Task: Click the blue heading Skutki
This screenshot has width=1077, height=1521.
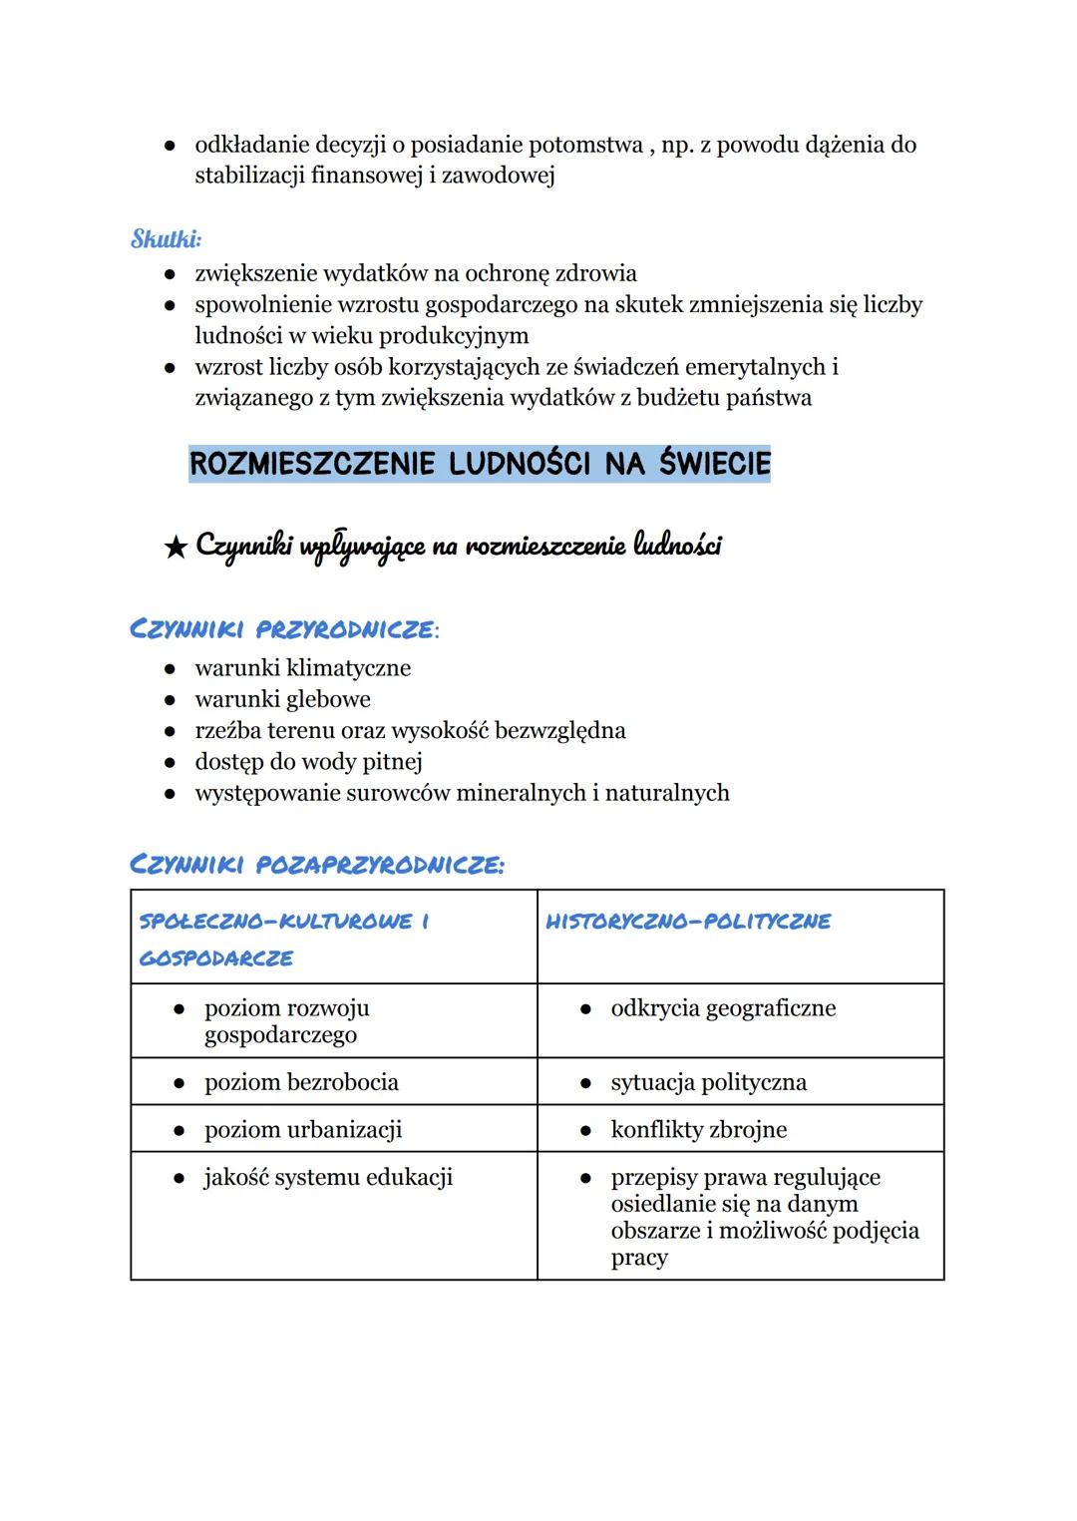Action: click(166, 239)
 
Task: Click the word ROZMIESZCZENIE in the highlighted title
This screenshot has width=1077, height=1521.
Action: click(312, 464)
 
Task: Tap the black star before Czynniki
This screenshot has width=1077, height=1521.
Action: click(176, 547)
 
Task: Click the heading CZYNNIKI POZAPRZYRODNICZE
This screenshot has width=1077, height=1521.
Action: click(316, 865)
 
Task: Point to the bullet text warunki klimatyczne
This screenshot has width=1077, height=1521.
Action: click(302, 668)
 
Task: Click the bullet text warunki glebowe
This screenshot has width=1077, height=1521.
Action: click(282, 699)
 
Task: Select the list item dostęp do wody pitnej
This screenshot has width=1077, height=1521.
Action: click(308, 762)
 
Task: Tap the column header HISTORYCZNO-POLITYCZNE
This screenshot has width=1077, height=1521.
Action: click(687, 922)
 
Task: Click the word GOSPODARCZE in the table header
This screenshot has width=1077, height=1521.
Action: click(216, 958)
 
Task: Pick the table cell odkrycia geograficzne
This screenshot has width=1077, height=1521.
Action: click(723, 1008)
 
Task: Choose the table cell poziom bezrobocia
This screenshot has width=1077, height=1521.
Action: click(301, 1082)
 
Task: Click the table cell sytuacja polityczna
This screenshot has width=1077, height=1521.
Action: click(708, 1082)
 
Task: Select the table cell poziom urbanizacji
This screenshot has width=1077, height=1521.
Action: click(303, 1130)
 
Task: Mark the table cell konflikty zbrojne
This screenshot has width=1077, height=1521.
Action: click(698, 1130)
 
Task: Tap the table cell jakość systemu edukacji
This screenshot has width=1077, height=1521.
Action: click(328, 1178)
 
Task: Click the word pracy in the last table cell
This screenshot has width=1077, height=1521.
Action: click(639, 1258)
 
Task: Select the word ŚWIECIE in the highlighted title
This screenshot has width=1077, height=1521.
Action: click(714, 464)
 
